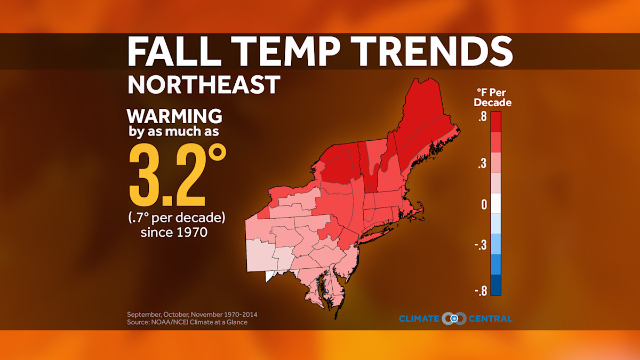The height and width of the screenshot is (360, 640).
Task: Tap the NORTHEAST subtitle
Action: tap(204, 85)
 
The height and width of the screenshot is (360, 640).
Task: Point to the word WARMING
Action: tap(174, 116)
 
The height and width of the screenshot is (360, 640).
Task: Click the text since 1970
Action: tap(174, 233)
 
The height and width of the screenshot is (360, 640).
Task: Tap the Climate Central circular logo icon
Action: tap(454, 319)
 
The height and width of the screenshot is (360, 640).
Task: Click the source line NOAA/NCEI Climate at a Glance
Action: tap(187, 322)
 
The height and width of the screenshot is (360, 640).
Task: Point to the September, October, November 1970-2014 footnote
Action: tap(188, 314)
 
